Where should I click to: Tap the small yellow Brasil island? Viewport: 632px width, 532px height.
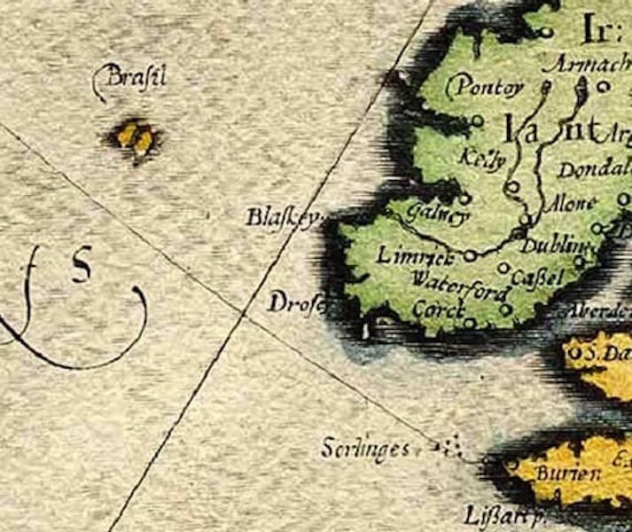click(x=136, y=137)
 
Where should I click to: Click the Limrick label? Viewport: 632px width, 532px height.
click(x=415, y=256)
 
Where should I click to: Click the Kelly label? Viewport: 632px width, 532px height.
click(x=484, y=160)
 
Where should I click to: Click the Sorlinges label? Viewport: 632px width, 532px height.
click(x=365, y=449)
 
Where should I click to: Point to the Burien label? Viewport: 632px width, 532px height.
click(x=568, y=473)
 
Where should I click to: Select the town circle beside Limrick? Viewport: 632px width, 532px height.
click(x=470, y=254)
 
